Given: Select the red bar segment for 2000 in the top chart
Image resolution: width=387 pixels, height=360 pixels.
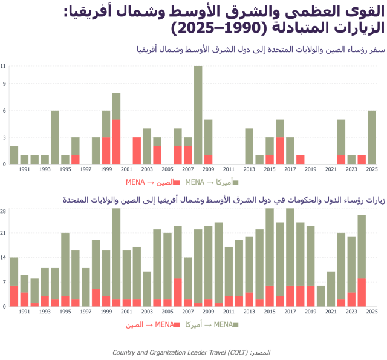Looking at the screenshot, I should pyautogui.click(x=116, y=142).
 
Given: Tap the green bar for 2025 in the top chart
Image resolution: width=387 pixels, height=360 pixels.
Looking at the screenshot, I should pyautogui.click(x=372, y=137).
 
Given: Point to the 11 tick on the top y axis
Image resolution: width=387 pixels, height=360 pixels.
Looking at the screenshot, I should pyautogui.click(x=3, y=66).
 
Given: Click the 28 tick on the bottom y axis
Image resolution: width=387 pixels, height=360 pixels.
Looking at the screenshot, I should pyautogui.click(x=3, y=211).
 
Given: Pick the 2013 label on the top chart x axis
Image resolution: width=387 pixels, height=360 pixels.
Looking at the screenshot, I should pyautogui.click(x=249, y=169).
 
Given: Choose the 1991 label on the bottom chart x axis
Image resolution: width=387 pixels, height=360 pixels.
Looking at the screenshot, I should pyautogui.click(x=24, y=312).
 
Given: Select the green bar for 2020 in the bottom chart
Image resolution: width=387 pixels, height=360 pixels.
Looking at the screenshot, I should pyautogui.click(x=320, y=296).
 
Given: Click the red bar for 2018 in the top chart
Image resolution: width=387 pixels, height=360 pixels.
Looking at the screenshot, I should pyautogui.click(x=301, y=160).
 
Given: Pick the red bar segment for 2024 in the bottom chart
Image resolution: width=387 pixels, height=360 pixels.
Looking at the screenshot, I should pyautogui.click(x=362, y=292).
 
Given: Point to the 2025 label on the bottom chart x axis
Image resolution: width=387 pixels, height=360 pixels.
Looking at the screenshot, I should pyautogui.click(x=372, y=312).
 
